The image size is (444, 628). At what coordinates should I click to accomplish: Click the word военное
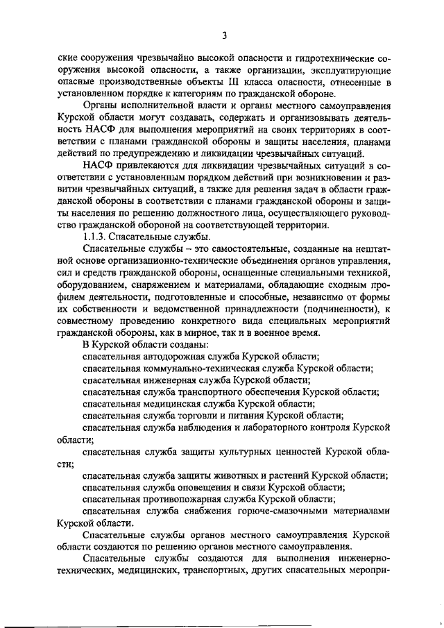click(267, 332)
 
